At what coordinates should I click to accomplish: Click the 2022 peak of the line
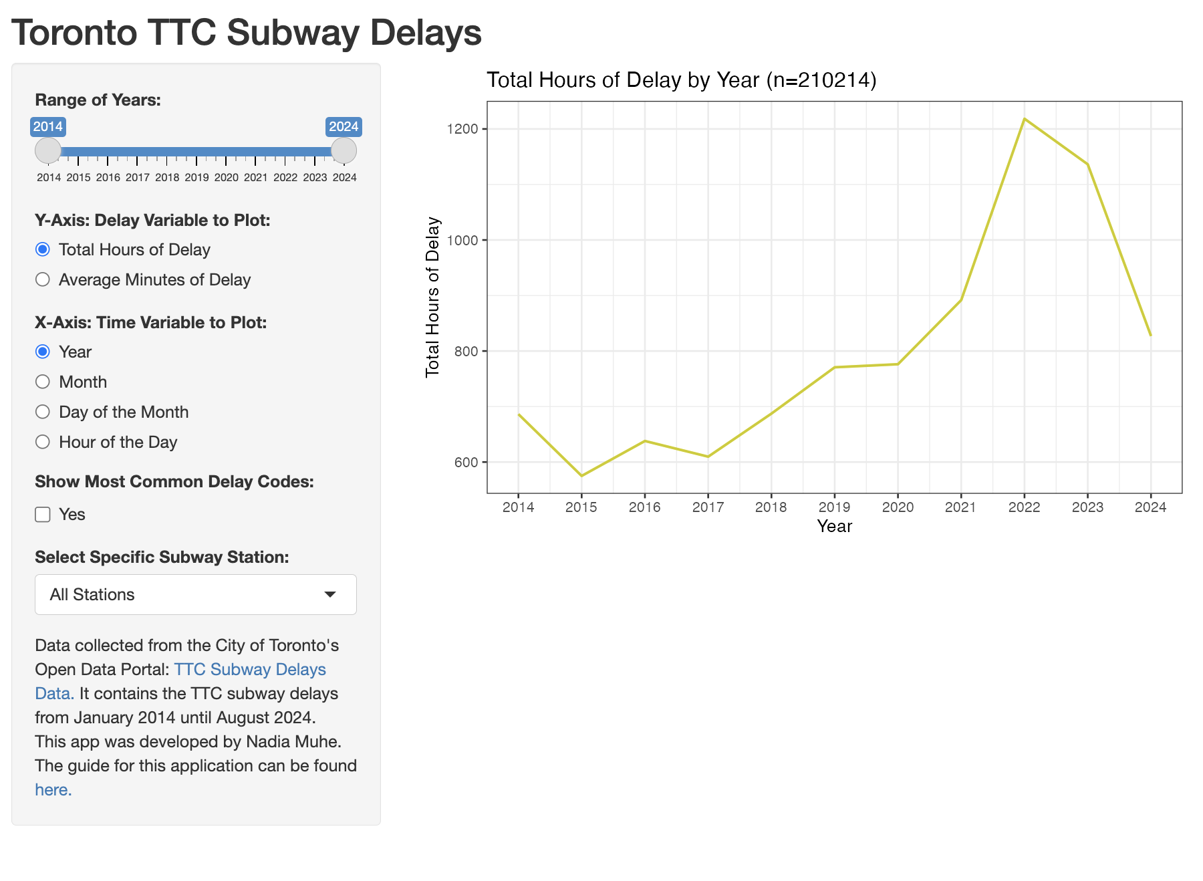coord(1024,119)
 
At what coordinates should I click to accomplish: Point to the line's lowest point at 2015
coord(581,475)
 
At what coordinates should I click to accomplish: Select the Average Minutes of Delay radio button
coord(43,279)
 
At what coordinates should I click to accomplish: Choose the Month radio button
coord(43,382)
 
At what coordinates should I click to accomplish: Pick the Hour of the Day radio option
coord(43,442)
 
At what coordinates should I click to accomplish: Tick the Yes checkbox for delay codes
coord(43,514)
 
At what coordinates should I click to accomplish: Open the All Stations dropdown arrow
coord(329,594)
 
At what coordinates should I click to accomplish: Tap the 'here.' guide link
coord(53,789)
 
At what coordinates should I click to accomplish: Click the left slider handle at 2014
coord(48,150)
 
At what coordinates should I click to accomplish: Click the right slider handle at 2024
coord(344,150)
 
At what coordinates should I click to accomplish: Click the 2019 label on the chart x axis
coord(834,507)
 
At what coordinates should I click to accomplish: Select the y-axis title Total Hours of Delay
coord(432,297)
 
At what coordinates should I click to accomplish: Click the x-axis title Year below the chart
coord(834,526)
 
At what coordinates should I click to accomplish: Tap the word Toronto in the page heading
coord(74,32)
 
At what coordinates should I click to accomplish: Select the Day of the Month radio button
coord(43,412)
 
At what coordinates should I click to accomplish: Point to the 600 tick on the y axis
coord(466,462)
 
